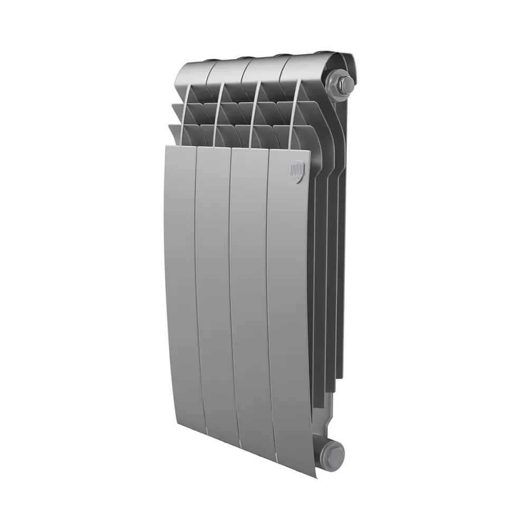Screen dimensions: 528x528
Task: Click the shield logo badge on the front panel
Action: (297, 173)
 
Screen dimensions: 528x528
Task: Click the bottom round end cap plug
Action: (334, 452)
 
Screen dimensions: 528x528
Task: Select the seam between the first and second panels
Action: (196, 285)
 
